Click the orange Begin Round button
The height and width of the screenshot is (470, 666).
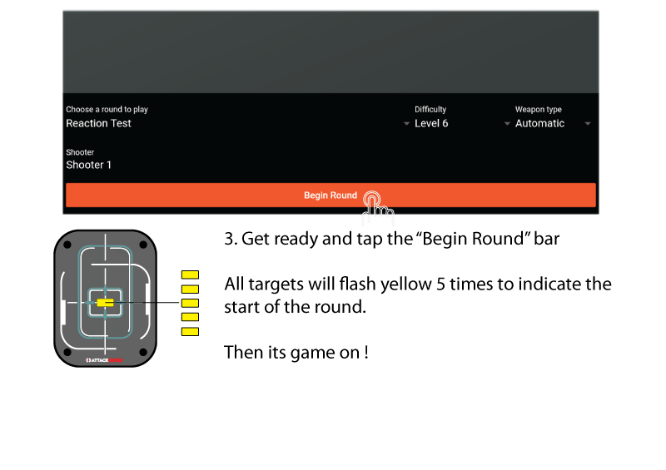331,195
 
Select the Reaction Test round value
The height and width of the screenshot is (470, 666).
99,123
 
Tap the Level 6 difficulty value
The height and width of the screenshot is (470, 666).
431,123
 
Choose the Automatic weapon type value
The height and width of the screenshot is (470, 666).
539,123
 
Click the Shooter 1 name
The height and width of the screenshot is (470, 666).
89,165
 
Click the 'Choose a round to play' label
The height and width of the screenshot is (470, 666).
107,110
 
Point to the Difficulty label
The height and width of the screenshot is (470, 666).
430,110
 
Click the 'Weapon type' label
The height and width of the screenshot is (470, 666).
538,110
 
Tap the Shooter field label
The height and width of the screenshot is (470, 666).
80,152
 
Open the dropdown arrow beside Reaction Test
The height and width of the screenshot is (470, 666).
406,124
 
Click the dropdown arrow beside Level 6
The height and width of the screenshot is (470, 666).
507,124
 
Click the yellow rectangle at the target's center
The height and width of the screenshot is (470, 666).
105,303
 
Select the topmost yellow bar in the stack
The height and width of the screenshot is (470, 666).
190,275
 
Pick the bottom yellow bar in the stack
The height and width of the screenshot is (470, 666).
190,332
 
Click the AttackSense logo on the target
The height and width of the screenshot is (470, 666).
106,360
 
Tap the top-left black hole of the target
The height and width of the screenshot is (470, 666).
67,245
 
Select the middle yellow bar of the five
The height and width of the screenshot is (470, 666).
190,303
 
